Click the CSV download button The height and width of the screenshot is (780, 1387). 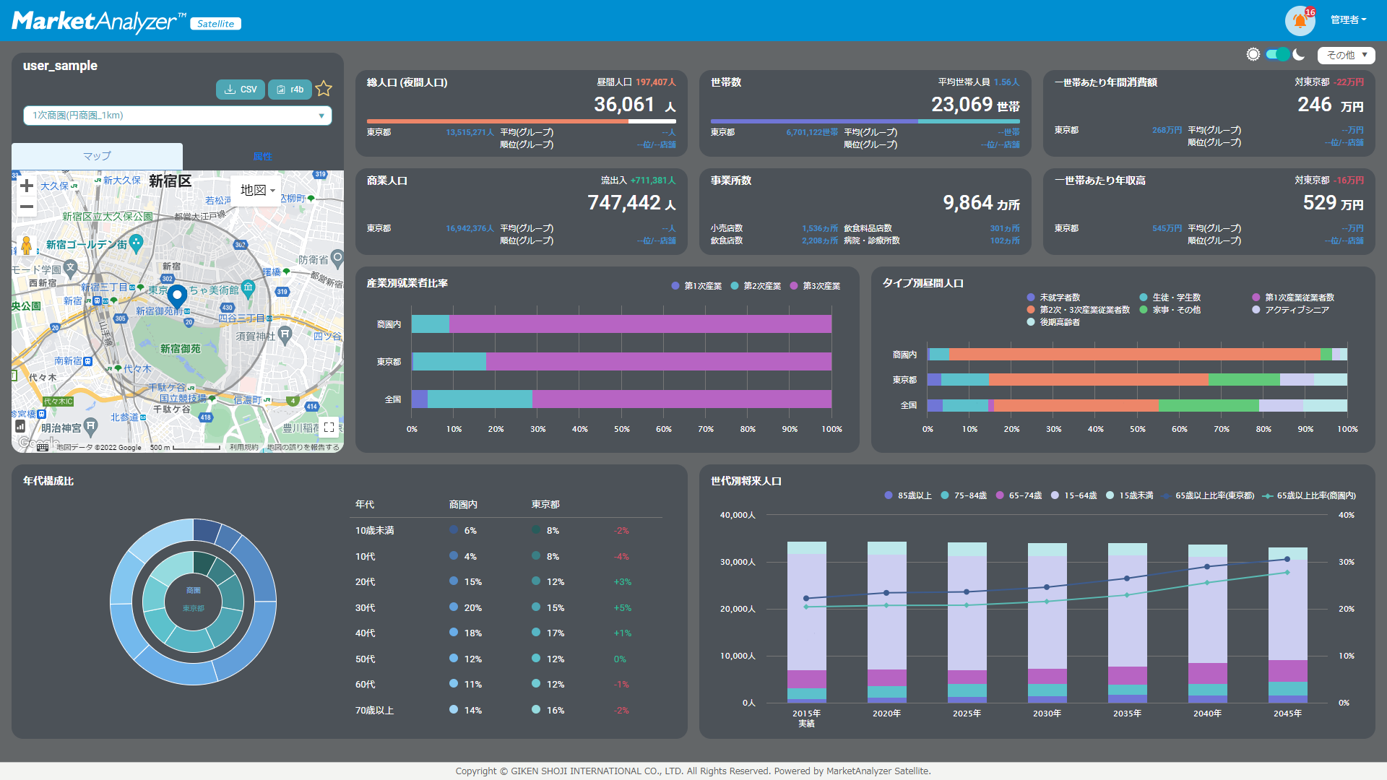click(x=240, y=90)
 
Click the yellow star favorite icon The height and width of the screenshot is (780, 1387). click(x=324, y=89)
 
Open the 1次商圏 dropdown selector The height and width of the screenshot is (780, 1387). click(x=178, y=116)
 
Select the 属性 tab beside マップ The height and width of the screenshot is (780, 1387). click(x=262, y=156)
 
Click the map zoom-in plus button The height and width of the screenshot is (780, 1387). click(x=27, y=186)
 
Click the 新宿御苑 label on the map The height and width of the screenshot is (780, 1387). click(x=181, y=349)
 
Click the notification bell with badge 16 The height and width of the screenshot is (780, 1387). click(x=1300, y=20)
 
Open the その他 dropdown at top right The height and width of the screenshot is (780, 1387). click(x=1346, y=55)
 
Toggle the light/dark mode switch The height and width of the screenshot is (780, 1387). click(x=1278, y=55)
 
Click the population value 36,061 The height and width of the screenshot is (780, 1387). click(x=624, y=105)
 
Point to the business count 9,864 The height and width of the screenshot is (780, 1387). click(x=968, y=203)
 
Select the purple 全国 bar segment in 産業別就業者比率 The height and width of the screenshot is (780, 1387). click(x=681, y=399)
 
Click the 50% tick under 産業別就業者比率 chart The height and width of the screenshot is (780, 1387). click(x=621, y=429)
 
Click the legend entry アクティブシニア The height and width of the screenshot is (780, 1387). click(x=1296, y=310)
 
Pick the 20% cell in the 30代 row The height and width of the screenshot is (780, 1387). click(x=472, y=607)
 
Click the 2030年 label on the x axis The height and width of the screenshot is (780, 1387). click(x=1047, y=714)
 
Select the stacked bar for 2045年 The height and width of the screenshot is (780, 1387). click(x=1287, y=625)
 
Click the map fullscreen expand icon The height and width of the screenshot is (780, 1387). click(x=329, y=427)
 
